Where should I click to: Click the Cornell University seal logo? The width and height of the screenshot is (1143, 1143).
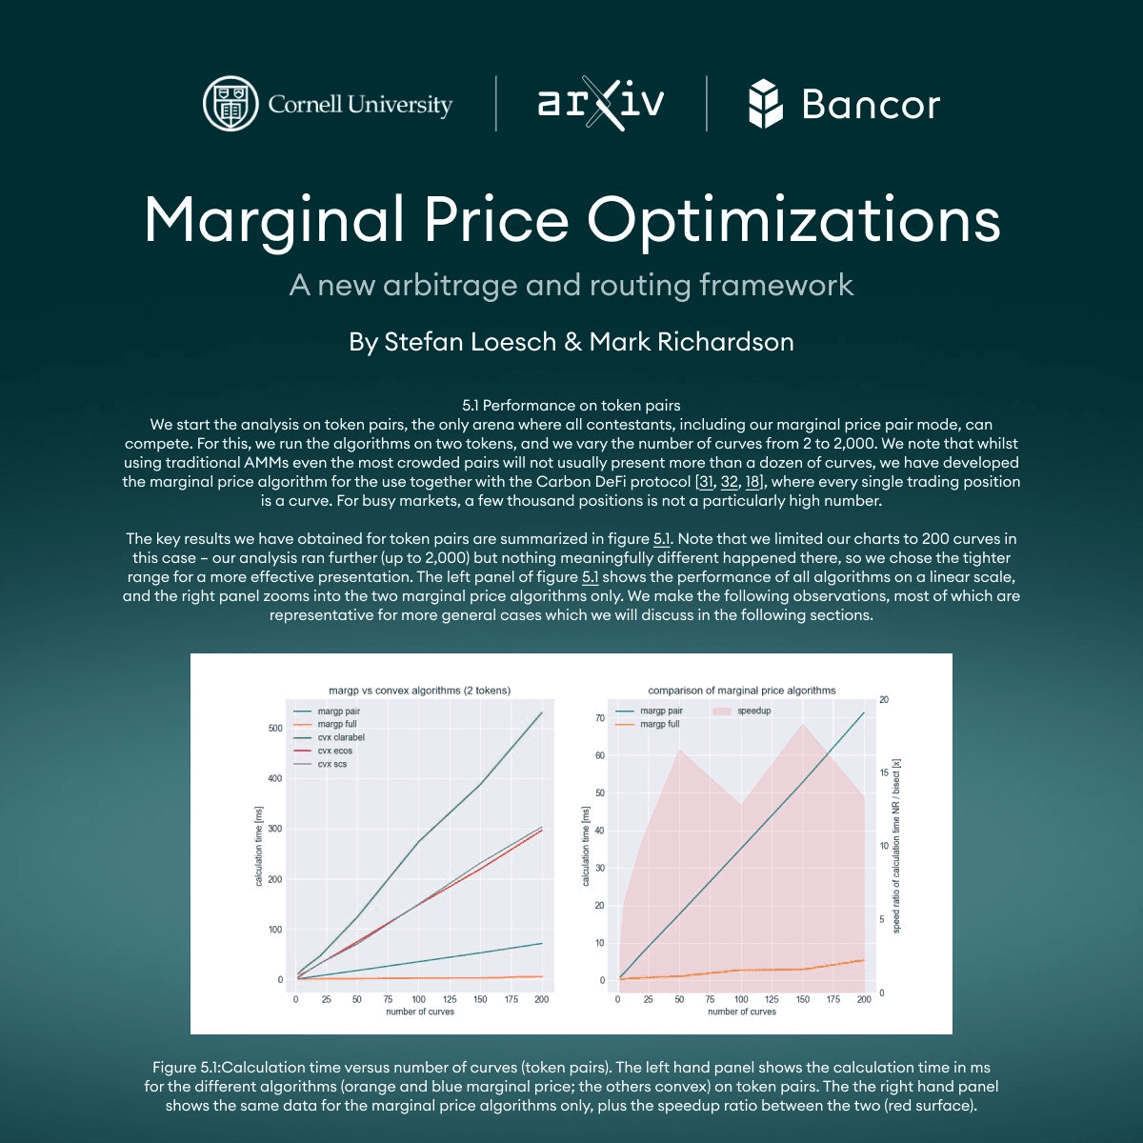pyautogui.click(x=231, y=104)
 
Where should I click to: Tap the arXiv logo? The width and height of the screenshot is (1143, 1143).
pyautogui.click(x=600, y=103)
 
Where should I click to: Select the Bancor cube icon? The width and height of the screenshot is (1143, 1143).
pyautogui.click(x=765, y=104)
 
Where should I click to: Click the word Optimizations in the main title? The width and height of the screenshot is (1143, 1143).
pyautogui.click(x=793, y=219)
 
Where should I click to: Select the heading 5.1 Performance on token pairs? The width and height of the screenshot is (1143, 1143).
pyautogui.click(x=571, y=406)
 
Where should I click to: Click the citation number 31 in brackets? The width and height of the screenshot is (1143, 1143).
pyautogui.click(x=706, y=482)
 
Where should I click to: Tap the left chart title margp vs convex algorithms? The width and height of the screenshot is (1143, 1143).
pyautogui.click(x=419, y=691)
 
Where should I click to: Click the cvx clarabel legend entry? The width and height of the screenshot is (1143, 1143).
pyautogui.click(x=340, y=737)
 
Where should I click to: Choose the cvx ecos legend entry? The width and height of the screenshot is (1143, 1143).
pyautogui.click(x=334, y=751)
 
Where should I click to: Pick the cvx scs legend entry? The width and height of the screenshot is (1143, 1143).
pyautogui.click(x=331, y=764)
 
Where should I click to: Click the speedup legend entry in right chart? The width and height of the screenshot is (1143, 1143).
pyautogui.click(x=753, y=711)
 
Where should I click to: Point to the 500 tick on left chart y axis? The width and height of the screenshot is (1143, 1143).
pyautogui.click(x=275, y=729)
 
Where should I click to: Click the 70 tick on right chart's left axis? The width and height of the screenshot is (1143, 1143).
pyautogui.click(x=600, y=718)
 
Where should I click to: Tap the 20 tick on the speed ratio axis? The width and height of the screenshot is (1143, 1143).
pyautogui.click(x=883, y=700)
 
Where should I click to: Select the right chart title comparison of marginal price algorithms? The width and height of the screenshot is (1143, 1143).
pyautogui.click(x=742, y=691)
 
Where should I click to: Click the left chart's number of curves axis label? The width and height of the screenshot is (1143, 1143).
pyautogui.click(x=420, y=1012)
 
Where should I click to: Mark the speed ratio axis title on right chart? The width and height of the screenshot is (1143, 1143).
pyautogui.click(x=896, y=846)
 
